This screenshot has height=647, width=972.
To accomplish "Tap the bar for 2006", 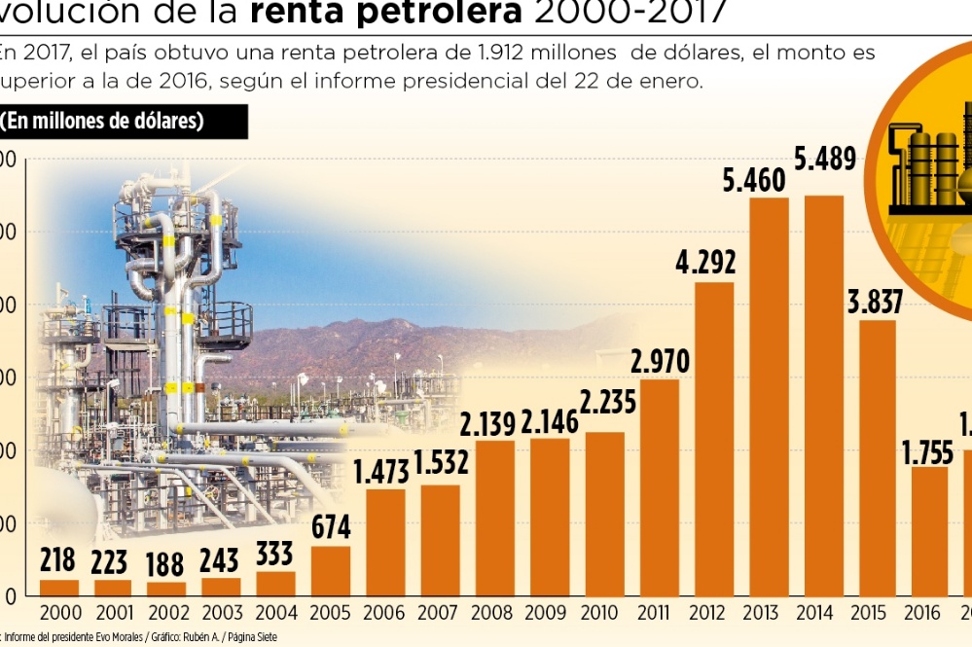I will [386, 542].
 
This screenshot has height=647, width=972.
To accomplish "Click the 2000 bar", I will [59, 588].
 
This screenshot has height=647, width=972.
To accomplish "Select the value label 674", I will [331, 526].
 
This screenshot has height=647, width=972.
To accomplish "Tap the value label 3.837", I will [876, 302].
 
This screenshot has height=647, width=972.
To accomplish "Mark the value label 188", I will [166, 562].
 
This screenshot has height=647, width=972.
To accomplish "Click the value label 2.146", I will [551, 421].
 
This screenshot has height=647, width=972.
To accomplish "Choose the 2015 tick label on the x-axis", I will [868, 613].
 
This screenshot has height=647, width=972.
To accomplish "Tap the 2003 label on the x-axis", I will [223, 613].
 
